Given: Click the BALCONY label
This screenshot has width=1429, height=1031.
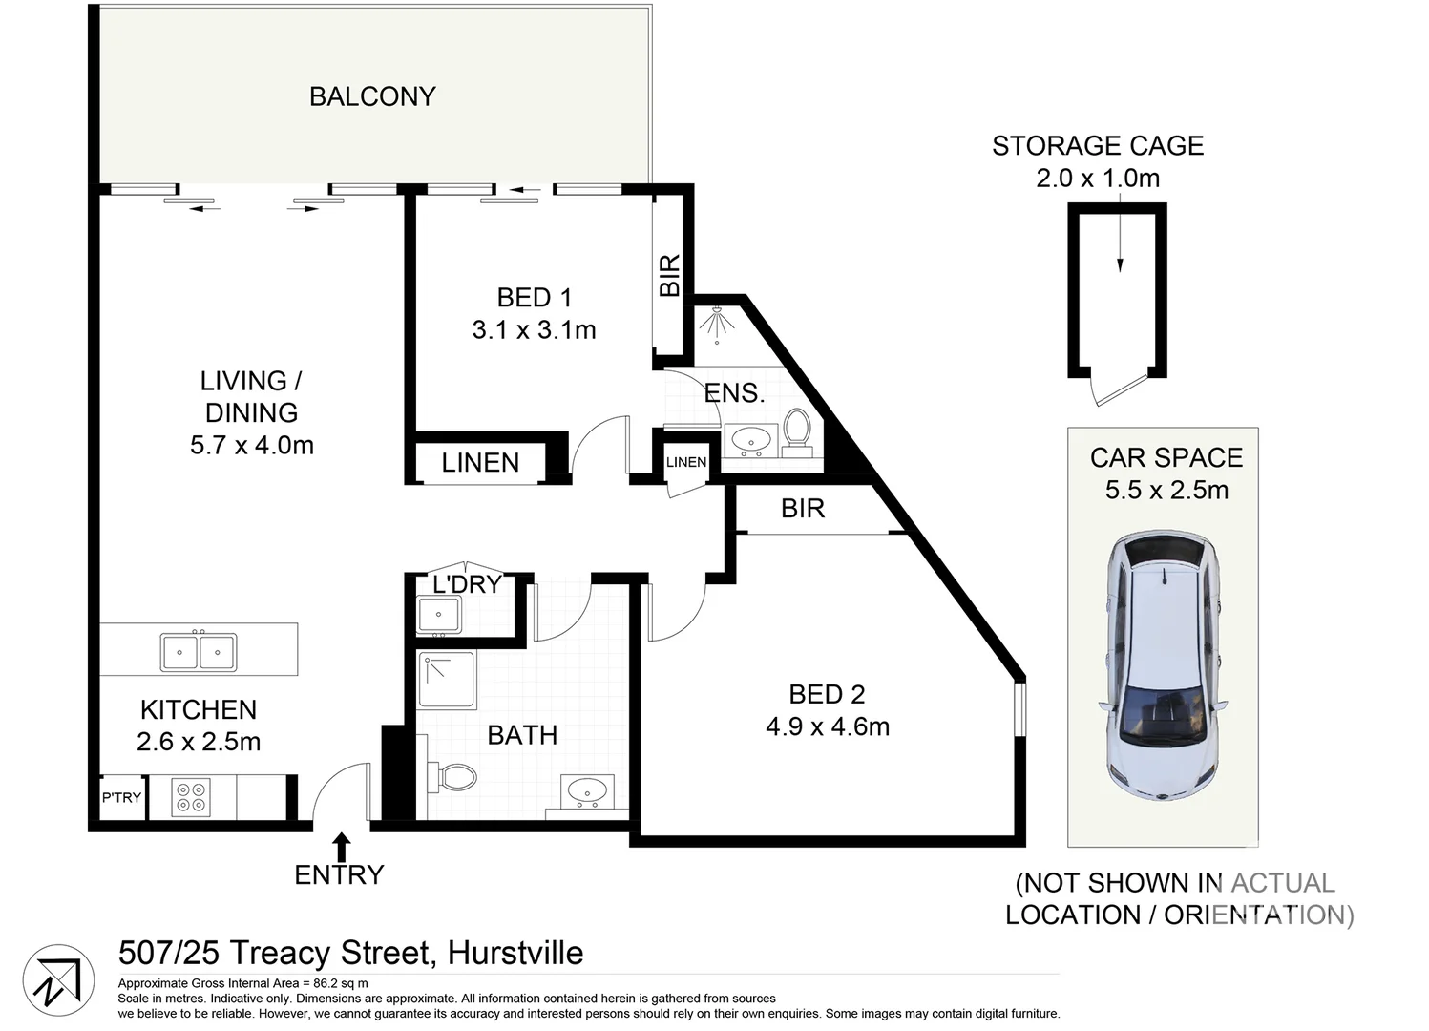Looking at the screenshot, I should [372, 96].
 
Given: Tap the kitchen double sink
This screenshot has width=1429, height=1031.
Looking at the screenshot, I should [199, 652].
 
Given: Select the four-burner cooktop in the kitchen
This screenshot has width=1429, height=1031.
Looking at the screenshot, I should [191, 797].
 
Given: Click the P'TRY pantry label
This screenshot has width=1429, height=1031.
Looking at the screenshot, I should [121, 798].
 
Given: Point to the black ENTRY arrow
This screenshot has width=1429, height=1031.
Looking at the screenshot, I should [341, 846].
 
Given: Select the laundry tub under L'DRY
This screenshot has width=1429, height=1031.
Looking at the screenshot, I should [439, 615].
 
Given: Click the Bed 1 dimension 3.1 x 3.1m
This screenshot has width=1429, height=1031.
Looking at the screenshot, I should [534, 330].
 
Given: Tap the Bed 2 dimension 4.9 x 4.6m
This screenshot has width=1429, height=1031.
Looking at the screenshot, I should [828, 726].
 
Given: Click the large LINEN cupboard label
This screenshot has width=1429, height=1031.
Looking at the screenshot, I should [480, 463].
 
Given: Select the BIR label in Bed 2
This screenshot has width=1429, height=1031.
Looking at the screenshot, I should [802, 509].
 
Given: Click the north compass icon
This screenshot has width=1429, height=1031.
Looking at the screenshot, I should [58, 980].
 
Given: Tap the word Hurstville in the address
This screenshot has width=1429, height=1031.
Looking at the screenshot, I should [515, 953].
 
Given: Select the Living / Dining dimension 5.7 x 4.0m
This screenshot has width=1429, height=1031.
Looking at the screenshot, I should [252, 446].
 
